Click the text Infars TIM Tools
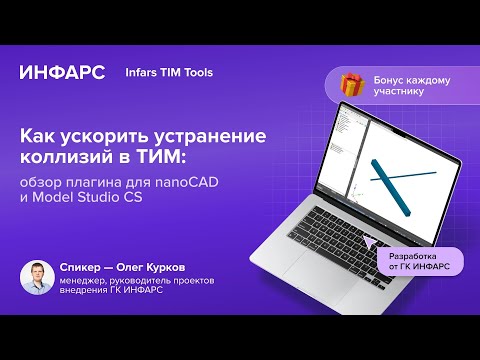pos(169,73)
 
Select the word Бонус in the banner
pos(391,79)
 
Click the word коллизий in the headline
pos(67,159)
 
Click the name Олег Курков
pos(147,269)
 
